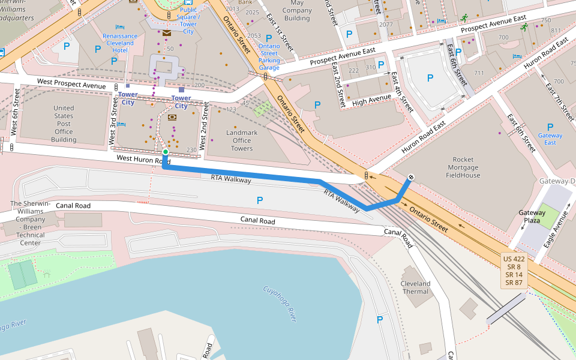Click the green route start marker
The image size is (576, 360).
click(x=165, y=152)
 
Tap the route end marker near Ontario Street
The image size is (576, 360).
click(x=411, y=177)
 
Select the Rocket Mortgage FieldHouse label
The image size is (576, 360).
click(x=463, y=167)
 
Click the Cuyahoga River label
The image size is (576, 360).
click(x=280, y=304)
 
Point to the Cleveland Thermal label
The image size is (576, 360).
click(x=416, y=287)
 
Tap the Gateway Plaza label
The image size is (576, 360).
click(x=532, y=217)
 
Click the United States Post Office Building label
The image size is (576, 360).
click(x=64, y=124)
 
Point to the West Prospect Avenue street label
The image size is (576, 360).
click(x=71, y=83)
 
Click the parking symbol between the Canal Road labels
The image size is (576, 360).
click(x=259, y=200)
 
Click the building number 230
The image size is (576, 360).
click(x=191, y=150)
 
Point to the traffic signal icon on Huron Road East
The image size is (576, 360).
click(x=367, y=176)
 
